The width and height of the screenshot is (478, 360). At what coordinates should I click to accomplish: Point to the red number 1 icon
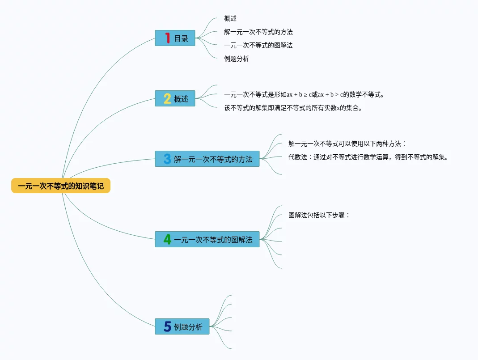pyautogui.click(x=168, y=38)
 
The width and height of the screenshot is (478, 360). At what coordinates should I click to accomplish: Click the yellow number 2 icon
pyautogui.click(x=167, y=99)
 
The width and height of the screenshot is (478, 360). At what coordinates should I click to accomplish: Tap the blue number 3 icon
pyautogui.click(x=167, y=159)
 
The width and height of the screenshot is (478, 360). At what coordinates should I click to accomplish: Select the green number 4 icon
pyautogui.click(x=167, y=240)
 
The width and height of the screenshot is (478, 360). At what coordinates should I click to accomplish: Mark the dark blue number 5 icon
pyautogui.click(x=167, y=327)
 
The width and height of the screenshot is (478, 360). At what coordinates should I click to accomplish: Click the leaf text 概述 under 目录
pyautogui.click(x=230, y=19)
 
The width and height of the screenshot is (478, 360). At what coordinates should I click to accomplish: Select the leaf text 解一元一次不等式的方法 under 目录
pyautogui.click(x=258, y=32)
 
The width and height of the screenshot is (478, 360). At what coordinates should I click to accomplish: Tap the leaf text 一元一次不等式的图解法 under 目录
pyautogui.click(x=258, y=46)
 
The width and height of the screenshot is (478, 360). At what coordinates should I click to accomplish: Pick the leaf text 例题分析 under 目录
pyautogui.click(x=237, y=59)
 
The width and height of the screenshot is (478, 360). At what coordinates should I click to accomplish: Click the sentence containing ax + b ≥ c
pyautogui.click(x=304, y=95)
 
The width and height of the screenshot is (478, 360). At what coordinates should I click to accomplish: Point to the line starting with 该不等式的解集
pyautogui.click(x=293, y=108)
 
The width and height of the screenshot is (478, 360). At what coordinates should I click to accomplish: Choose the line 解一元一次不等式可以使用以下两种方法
pyautogui.click(x=347, y=144)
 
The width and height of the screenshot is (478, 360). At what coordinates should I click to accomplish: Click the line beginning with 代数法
pyautogui.click(x=368, y=157)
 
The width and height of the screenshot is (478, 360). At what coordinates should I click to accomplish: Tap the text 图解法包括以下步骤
pyautogui.click(x=319, y=215)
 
